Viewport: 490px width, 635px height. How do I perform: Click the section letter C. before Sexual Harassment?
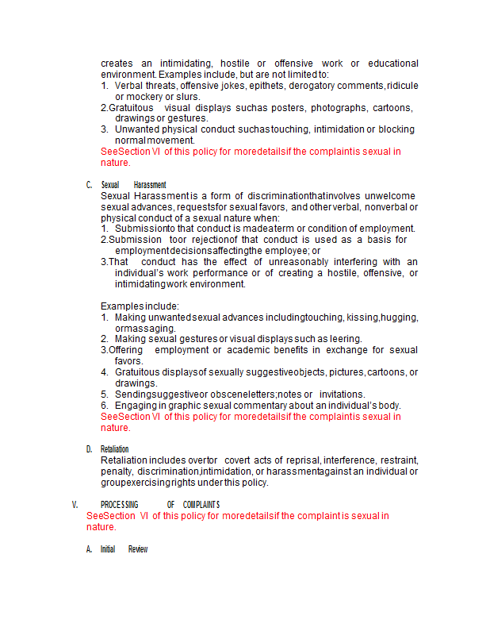(89, 185)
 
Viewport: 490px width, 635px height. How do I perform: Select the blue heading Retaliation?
(115, 449)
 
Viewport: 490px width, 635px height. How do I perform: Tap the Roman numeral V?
(75, 505)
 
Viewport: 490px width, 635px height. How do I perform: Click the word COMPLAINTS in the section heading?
(201, 505)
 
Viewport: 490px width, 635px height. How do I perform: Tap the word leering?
(345, 339)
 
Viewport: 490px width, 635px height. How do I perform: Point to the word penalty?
(117, 471)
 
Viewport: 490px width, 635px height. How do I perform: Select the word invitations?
(342, 394)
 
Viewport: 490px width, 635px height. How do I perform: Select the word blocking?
(396, 129)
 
